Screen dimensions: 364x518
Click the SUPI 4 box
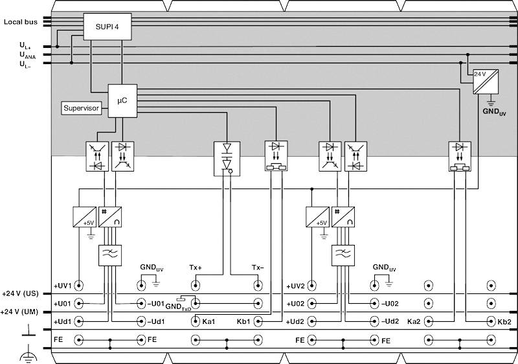tap(107, 27)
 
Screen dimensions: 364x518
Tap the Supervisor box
tap(82, 108)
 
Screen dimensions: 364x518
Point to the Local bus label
tap(20, 22)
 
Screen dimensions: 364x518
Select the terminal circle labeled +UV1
tap(79, 285)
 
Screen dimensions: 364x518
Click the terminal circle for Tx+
tap(196, 285)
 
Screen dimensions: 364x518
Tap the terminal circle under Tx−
tap(258, 285)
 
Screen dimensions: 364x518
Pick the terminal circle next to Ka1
tap(196, 321)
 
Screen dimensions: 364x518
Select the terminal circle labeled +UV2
tap(312, 285)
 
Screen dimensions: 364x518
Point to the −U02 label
tap(390, 303)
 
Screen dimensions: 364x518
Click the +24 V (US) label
tap(21, 294)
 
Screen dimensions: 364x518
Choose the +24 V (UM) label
tap(21, 312)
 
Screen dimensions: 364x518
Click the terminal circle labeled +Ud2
tap(312, 321)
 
